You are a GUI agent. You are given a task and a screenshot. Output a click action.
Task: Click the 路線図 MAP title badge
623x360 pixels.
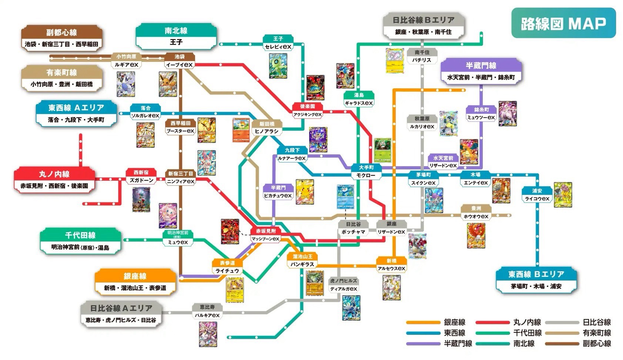point(563,23)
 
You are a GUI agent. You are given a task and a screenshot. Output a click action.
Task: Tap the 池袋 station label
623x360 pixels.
point(180,61)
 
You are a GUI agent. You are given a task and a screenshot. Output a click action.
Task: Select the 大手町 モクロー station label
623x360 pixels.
point(366,172)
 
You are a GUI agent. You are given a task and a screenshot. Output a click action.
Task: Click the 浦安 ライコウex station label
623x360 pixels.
point(537,195)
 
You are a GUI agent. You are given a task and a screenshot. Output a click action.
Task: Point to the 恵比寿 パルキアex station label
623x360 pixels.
point(207,312)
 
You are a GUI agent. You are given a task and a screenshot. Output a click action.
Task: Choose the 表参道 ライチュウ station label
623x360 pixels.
point(227,267)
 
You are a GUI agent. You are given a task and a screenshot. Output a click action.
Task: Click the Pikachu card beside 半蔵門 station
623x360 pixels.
point(305,192)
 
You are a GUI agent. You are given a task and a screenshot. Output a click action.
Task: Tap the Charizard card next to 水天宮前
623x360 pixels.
point(469,151)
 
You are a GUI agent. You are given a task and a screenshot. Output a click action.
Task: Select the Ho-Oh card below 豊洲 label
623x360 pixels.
point(476,235)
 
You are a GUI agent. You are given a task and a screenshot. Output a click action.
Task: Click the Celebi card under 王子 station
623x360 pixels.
point(278,66)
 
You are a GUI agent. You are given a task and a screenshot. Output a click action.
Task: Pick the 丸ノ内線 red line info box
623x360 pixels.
point(54,180)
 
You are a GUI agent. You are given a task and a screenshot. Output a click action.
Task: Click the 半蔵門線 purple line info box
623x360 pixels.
point(481,71)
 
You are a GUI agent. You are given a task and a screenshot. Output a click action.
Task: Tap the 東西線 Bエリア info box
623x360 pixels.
point(536,280)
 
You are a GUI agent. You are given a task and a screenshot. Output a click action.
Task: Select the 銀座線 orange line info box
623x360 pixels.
point(135,282)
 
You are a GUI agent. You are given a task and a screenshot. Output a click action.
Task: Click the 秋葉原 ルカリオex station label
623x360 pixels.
point(422,123)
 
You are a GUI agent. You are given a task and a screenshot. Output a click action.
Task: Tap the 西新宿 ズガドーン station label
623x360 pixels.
point(141,176)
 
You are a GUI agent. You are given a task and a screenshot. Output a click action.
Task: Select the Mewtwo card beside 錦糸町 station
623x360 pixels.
point(507,114)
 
